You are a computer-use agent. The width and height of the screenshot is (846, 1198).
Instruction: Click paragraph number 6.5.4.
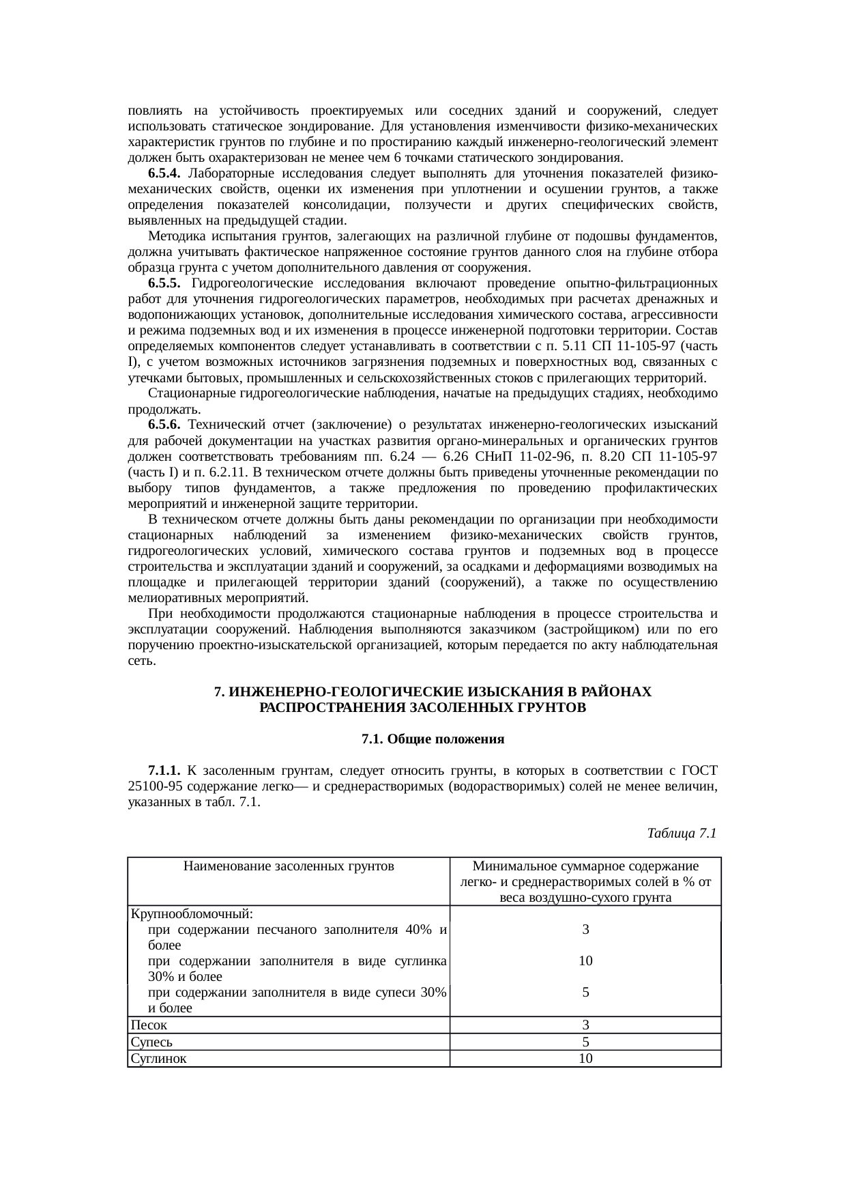(164, 173)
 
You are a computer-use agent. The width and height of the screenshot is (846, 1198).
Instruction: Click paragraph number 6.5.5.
(164, 283)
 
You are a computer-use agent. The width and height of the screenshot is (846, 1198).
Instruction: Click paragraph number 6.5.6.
(164, 425)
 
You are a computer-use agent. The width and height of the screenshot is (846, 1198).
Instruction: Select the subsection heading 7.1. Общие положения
(433, 739)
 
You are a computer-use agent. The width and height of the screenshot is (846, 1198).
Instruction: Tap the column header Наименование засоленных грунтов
(289, 866)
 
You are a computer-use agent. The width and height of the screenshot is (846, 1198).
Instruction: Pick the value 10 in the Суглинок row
(585, 1058)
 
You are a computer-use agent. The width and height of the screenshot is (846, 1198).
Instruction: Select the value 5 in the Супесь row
(585, 1042)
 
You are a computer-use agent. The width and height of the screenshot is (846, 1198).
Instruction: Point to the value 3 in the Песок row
(585, 1025)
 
